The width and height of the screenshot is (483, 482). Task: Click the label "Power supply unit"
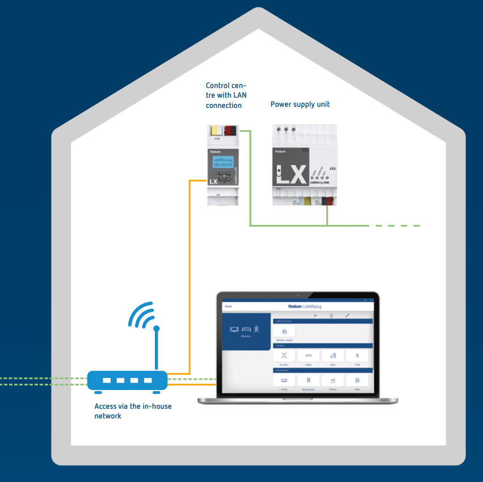point(300,104)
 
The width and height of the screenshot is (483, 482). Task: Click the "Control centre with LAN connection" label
point(226,95)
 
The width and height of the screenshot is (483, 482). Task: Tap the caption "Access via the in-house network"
point(133,411)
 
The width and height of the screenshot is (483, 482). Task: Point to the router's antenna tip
point(157,329)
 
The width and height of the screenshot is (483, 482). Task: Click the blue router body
point(127,380)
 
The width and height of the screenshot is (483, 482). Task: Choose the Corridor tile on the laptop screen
point(284,356)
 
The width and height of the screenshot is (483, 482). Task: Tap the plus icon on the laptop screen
point(316,315)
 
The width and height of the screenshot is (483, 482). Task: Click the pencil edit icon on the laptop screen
point(347,315)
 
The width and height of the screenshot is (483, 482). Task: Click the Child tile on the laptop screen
point(358,356)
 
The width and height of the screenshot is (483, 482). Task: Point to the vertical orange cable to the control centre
point(190,273)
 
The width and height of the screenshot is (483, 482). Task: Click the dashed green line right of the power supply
point(397,226)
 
